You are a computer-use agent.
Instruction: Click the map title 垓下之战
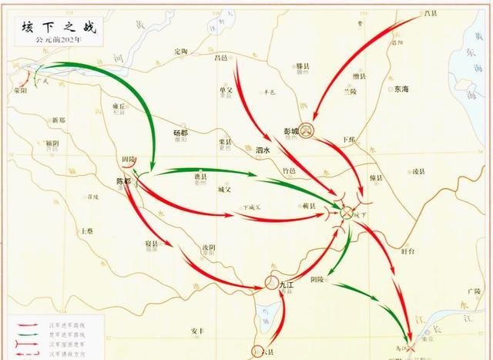coord(48,28)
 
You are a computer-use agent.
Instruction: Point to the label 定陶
coord(181,52)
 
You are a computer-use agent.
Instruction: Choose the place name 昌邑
coord(221,57)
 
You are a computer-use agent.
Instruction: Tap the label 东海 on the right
coord(401,89)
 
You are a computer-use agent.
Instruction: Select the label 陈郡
coord(123,182)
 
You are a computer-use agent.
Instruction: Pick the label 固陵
coord(128,160)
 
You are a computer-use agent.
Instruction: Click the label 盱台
coord(408,251)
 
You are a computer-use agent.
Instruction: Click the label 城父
coord(224,189)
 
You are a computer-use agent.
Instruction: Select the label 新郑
coord(59,120)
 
